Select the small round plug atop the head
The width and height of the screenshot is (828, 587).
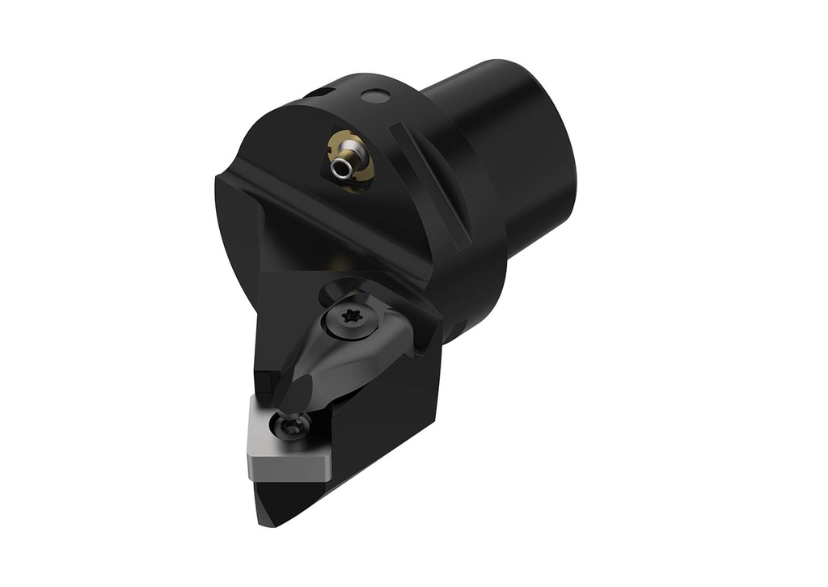point(373,97)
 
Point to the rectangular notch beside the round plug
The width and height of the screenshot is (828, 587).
point(322,94)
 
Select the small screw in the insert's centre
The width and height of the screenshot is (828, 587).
point(292,424)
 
